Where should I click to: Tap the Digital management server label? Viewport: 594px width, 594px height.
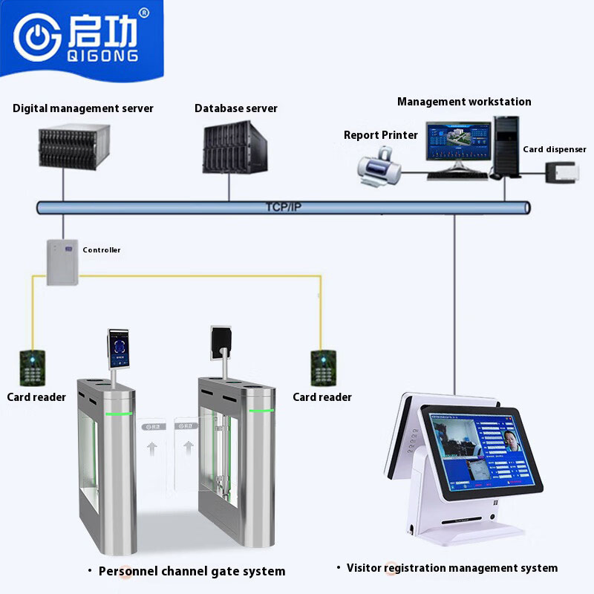coord(83,108)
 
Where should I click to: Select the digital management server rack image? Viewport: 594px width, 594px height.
coord(74,146)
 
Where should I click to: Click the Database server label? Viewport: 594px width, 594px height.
coord(236,108)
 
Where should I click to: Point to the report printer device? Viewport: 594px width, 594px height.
coord(379,165)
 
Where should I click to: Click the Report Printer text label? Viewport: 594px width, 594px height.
coord(381,135)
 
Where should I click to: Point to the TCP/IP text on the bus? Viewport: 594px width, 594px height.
coord(283,207)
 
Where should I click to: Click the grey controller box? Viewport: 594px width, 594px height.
coord(62,261)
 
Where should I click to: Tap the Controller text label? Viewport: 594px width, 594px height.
coord(102,250)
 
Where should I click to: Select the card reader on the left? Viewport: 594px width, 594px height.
coord(33,367)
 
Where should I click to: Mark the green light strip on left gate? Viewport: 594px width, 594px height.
coord(119,414)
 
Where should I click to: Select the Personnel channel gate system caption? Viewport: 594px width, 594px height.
coord(192,571)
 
